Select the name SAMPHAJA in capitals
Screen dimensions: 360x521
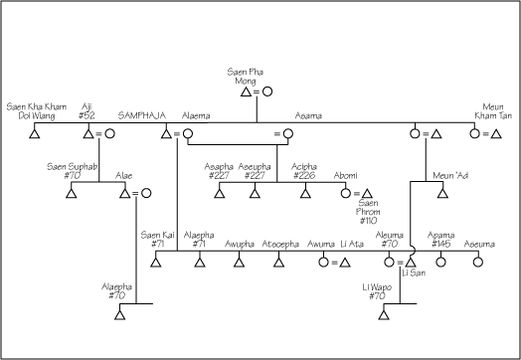140,115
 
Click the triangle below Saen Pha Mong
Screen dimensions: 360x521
233,91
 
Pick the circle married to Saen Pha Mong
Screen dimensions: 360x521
266,91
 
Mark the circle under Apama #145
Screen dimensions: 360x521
441,263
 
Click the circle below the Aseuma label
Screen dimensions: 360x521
476,263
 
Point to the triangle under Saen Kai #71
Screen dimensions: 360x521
155,263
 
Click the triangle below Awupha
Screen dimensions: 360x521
239,263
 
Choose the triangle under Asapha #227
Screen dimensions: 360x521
219,193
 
